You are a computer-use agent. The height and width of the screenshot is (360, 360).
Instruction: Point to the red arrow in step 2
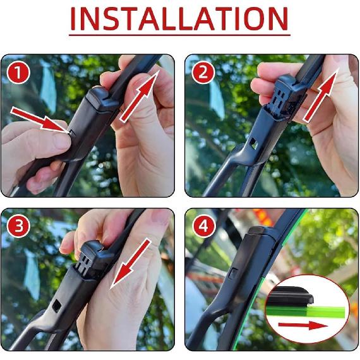(322, 95)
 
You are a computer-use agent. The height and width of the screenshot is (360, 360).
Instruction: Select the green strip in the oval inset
(316, 310)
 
